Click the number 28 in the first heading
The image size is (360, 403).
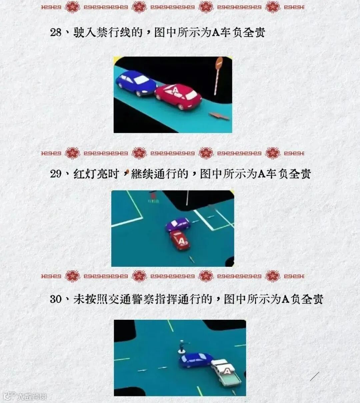(56, 33)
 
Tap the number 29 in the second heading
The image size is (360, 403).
(56, 174)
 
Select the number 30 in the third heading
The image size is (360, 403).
(56, 299)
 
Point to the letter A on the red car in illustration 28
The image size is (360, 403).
(175, 90)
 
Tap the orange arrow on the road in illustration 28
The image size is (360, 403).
(219, 116)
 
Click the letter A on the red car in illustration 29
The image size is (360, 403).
(181, 241)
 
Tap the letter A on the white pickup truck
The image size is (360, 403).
(227, 371)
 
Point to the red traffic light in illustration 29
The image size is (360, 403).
(153, 196)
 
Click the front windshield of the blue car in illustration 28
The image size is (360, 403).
(142, 80)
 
